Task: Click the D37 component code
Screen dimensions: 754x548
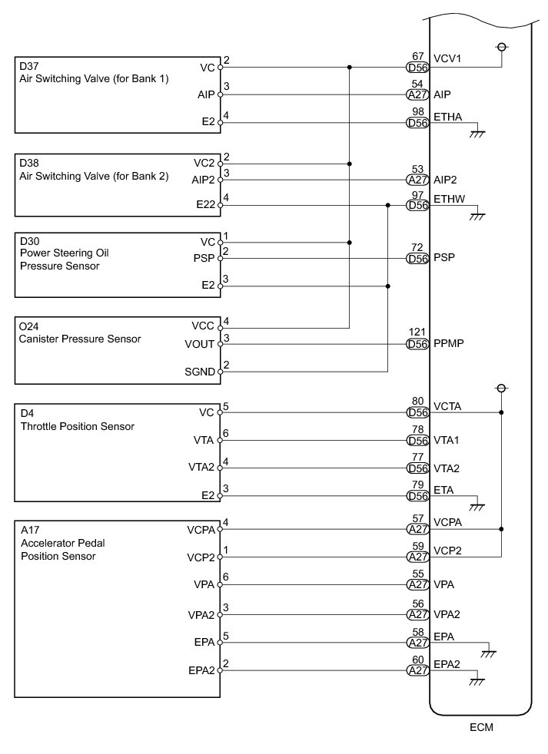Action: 30,67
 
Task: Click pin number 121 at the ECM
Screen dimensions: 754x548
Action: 417,332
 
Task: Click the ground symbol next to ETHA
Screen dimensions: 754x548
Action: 477,133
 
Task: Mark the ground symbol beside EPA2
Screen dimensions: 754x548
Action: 477,680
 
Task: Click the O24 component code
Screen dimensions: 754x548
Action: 29,325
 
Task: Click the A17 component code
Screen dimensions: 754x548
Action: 29,529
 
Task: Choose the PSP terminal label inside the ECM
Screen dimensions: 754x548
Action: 444,258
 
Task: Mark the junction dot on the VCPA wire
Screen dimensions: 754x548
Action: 501,529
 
